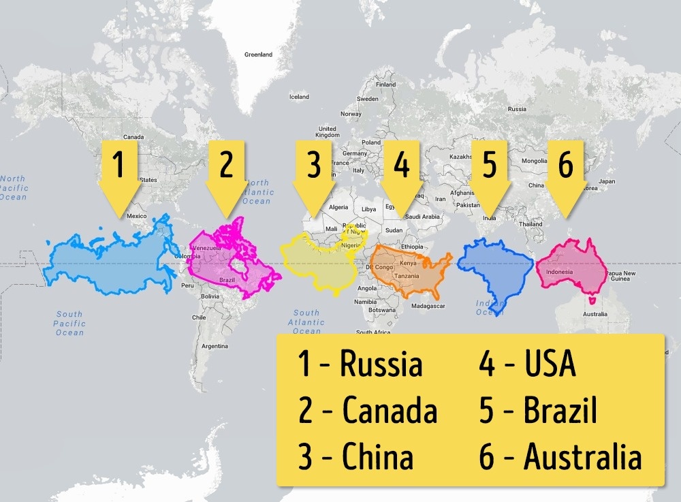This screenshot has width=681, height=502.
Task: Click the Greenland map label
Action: click(x=258, y=54)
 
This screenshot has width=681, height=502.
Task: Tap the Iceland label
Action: click(x=299, y=97)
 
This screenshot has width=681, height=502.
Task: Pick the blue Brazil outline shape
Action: click(x=494, y=269)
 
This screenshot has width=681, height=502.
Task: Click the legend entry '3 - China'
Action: click(x=355, y=458)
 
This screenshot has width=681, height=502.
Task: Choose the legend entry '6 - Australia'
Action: click(x=560, y=458)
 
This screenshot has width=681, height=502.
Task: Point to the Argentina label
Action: click(x=215, y=346)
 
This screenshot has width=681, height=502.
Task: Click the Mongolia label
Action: click(x=534, y=161)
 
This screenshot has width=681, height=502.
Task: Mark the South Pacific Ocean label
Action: click(x=69, y=324)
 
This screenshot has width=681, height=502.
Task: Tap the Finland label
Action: click(x=385, y=85)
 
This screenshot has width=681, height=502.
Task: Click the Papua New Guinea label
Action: click(x=622, y=276)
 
